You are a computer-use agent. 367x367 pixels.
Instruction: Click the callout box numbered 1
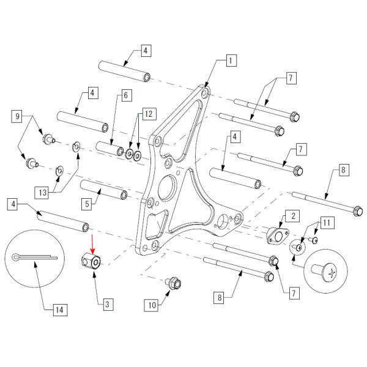point(230,61)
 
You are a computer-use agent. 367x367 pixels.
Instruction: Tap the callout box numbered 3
point(106,303)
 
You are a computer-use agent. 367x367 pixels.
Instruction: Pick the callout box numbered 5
point(88,202)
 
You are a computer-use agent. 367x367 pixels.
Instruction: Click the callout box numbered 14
point(59,310)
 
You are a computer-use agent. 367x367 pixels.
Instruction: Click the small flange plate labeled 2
point(277,235)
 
